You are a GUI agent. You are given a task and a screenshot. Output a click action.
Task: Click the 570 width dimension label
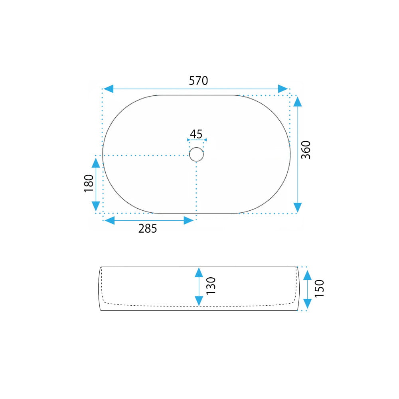(198, 81)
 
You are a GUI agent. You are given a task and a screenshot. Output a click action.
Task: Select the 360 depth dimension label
(306, 150)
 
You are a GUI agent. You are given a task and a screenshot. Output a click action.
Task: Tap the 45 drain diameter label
(196, 134)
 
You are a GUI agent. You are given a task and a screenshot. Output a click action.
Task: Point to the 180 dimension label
(89, 183)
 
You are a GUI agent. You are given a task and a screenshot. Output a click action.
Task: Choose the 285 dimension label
(148, 229)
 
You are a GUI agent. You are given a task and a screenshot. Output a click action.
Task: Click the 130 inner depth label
(211, 286)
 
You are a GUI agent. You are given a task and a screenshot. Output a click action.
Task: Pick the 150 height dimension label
(319, 288)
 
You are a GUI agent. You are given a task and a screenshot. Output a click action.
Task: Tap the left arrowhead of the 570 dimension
(109, 89)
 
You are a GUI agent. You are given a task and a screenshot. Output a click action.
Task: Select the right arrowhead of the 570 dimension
(283, 89)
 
